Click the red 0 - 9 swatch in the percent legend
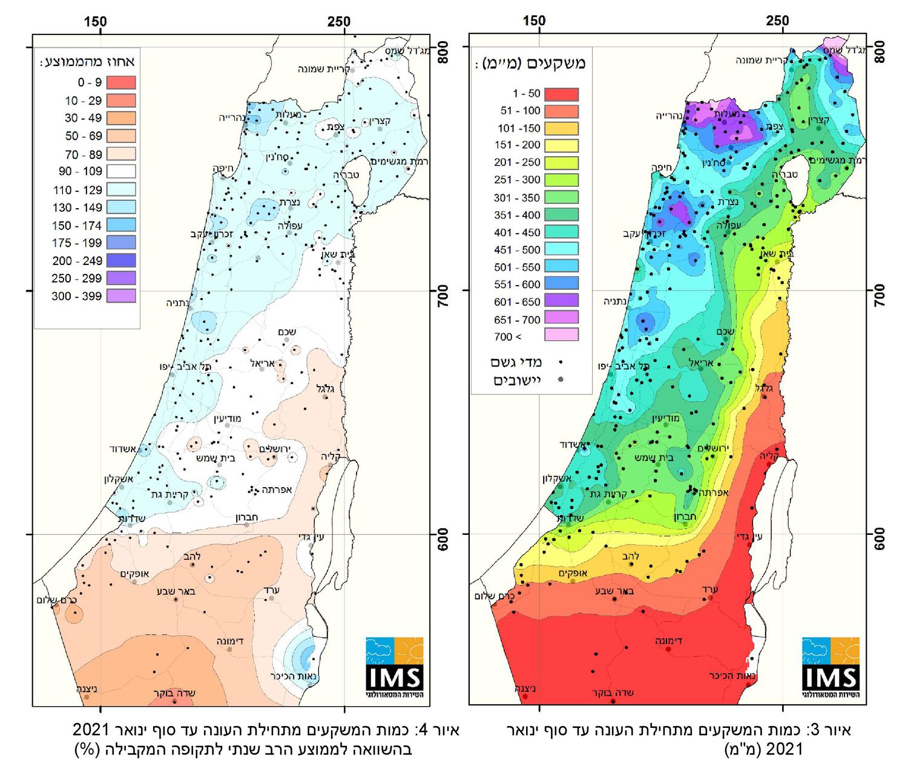pos(121,82)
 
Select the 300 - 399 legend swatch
pos(121,296)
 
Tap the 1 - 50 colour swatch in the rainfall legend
pos(561,94)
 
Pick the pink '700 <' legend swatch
pos(561,335)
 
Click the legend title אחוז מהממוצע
pos(87,62)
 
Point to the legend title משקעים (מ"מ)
pos(530,64)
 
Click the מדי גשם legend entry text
pos(516,362)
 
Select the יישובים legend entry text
pos(517,380)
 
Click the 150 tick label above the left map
pos(95,22)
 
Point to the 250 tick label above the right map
pos(777,21)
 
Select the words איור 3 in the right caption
pos(835,730)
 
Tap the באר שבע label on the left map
pos(176,591)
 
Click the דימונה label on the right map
pos(669,640)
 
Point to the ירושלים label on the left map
pos(275,448)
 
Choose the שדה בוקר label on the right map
pos(613,692)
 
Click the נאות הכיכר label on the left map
pos(295,676)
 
